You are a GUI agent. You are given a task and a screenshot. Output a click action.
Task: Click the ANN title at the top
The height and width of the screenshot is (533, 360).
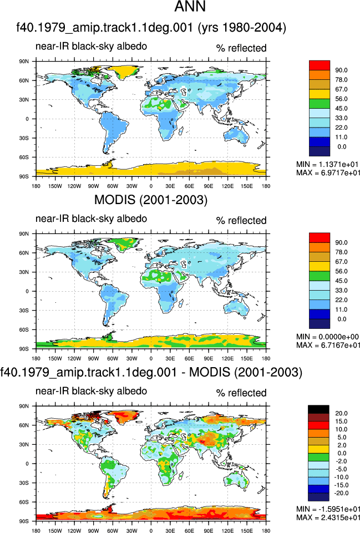point(190,7)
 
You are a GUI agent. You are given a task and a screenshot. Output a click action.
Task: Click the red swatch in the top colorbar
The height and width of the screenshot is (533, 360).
point(320,65)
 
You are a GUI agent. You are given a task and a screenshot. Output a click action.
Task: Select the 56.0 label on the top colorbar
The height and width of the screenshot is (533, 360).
point(341,99)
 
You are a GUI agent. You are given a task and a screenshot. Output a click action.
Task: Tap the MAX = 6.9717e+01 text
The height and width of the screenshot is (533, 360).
point(328,172)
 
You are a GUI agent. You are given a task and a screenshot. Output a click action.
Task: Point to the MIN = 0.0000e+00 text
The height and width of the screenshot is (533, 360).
point(328,337)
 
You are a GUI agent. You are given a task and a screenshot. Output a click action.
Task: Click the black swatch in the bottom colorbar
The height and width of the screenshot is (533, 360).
point(318,409)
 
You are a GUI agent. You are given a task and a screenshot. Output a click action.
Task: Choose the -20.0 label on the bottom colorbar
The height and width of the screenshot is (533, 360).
point(341,493)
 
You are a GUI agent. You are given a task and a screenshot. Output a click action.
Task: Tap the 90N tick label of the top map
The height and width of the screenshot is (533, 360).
point(24,62)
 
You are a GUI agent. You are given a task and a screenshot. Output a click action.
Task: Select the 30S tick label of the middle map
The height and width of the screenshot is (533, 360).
point(24,311)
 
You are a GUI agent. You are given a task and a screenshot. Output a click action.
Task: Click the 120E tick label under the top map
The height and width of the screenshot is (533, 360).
point(227,186)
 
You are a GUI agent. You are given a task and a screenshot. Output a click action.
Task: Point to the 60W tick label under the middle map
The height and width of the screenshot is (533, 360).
point(113,359)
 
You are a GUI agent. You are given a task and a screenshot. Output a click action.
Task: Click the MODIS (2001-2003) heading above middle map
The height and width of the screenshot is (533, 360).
point(150,200)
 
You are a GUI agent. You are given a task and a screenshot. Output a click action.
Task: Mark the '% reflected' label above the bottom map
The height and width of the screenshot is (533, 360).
point(241,393)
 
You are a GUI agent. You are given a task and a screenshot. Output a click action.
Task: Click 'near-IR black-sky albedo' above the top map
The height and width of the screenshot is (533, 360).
point(91,46)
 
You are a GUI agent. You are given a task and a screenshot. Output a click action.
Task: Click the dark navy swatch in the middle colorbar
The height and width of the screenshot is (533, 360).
point(320,323)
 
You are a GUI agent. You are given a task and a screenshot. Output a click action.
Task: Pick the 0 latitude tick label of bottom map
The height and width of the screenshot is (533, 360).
point(27,464)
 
